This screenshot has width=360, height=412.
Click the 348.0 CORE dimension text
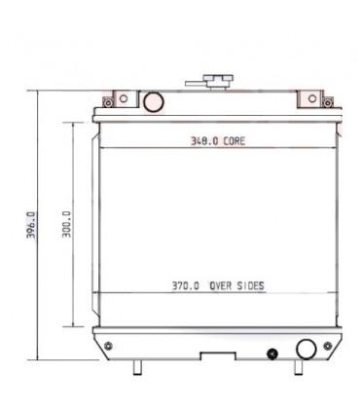218,141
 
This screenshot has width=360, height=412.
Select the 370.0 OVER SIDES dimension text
218,286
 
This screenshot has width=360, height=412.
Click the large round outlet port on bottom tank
306,351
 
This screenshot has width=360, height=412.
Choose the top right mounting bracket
312,99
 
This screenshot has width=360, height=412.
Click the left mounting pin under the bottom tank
137,368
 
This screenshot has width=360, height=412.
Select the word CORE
234,141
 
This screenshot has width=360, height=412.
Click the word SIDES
250,286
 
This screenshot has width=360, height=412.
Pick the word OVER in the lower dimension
219,286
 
